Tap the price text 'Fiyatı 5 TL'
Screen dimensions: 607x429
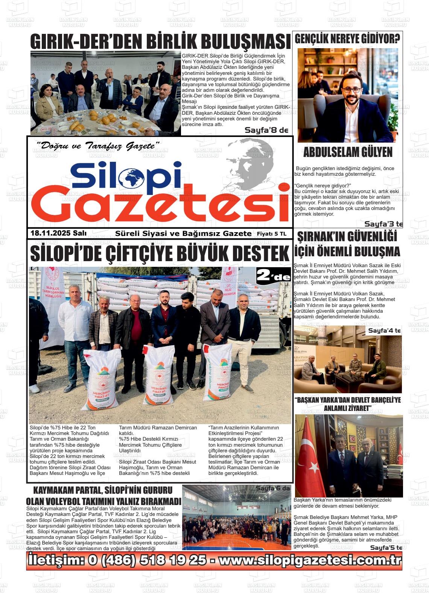click(x=271, y=234)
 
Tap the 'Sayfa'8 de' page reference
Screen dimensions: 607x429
click(x=266, y=130)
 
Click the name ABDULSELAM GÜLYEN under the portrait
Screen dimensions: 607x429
click(x=348, y=152)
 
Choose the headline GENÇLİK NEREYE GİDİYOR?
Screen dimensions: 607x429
click(x=347, y=38)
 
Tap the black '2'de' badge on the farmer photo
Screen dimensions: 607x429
click(x=273, y=277)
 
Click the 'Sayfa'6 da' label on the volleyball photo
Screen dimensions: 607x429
click(x=273, y=488)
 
